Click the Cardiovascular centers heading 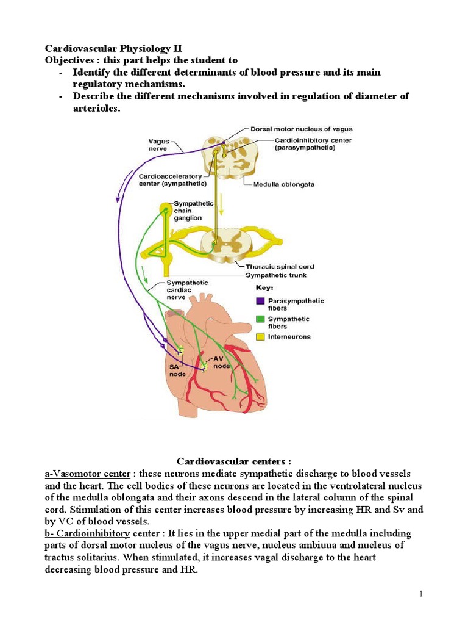click(x=233, y=461)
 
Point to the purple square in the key click(x=260, y=301)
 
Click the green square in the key click(x=260, y=319)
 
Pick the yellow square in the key click(x=260, y=336)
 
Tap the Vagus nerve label click(x=160, y=144)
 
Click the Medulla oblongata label click(x=284, y=184)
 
